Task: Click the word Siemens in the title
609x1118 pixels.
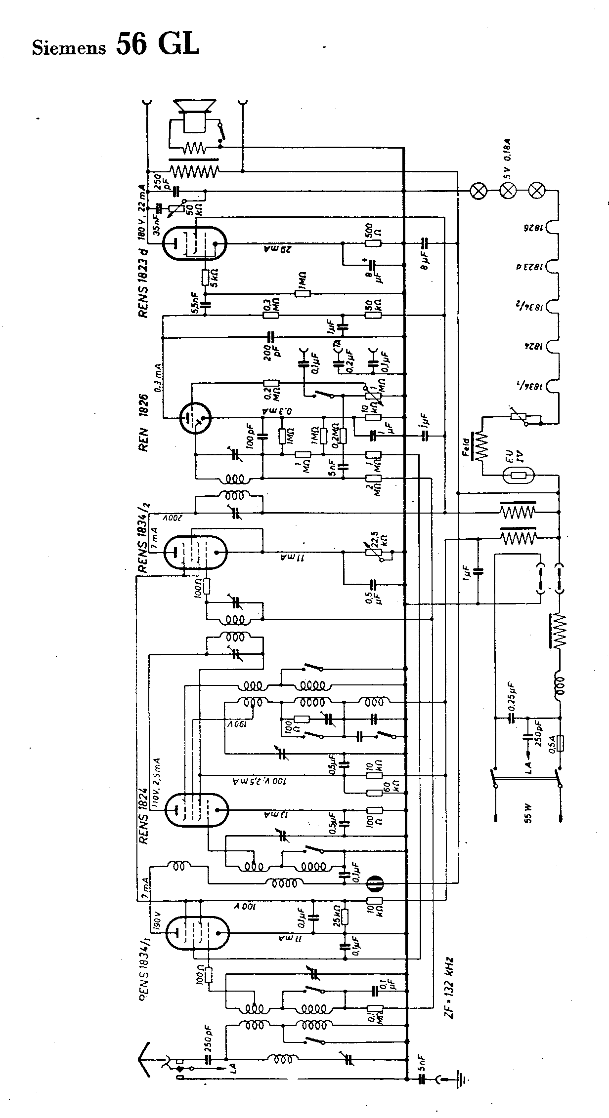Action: pos(69,48)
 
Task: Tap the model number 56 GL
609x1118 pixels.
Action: pos(157,45)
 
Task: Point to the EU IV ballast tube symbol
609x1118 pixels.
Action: pos(519,477)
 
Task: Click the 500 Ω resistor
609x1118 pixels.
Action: pos(374,243)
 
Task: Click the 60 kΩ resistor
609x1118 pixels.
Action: pos(374,793)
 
